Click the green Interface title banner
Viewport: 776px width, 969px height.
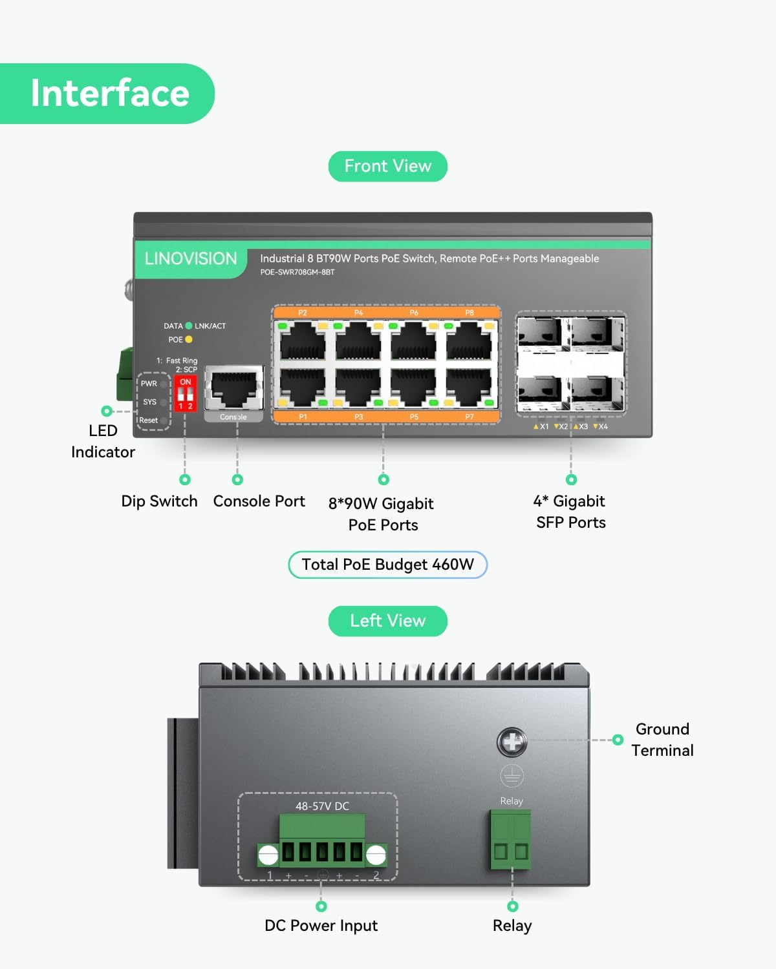(x=107, y=94)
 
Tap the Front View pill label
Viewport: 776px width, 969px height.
(x=387, y=166)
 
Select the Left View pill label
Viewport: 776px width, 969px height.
(x=387, y=621)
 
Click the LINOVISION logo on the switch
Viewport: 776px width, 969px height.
(x=190, y=259)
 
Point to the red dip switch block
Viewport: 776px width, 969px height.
(x=185, y=394)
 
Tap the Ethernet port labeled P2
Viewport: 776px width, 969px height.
(x=303, y=340)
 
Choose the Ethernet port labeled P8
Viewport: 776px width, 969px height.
(x=469, y=340)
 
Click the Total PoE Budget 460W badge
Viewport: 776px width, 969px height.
(x=387, y=565)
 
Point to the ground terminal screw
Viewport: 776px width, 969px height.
(x=512, y=742)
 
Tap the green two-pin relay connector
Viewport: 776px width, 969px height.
(x=511, y=840)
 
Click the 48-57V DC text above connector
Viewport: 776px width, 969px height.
(x=322, y=806)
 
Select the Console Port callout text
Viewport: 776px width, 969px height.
(x=259, y=501)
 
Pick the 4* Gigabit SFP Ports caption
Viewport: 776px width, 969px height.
(x=570, y=512)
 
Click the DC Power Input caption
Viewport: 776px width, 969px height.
(x=321, y=926)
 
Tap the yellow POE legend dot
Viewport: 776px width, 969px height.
(x=189, y=339)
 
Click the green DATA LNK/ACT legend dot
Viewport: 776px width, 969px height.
(x=189, y=326)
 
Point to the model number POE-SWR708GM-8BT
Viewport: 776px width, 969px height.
(x=297, y=272)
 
